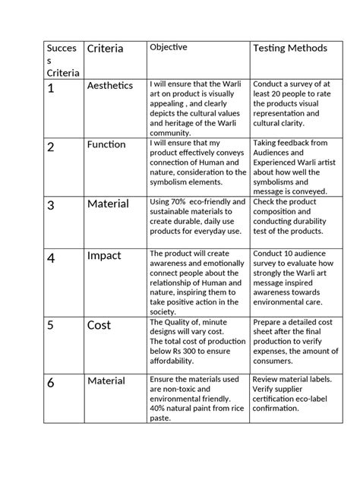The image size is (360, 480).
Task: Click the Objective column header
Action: coord(169,47)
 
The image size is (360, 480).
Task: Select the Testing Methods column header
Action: coord(290,48)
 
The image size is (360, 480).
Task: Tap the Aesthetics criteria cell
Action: coord(110,86)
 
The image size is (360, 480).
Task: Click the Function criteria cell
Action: coord(106,144)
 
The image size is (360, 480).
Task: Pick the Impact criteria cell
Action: coord(104,256)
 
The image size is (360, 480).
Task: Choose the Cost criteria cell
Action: coord(99,324)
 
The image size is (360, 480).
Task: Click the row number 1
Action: coord(52,89)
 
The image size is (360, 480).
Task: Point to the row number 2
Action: coord(52,147)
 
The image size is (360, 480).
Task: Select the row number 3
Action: coord(52,206)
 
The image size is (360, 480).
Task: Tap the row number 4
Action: coord(52,258)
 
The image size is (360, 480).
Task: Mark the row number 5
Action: coord(52,327)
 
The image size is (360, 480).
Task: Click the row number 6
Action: coord(52,383)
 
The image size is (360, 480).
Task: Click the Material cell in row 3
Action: coord(107,204)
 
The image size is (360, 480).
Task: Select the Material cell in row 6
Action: coord(107,380)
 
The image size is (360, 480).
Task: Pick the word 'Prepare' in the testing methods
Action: coord(270,323)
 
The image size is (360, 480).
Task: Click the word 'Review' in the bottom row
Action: coord(268,379)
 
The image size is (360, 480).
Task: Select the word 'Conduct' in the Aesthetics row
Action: coord(270,84)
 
